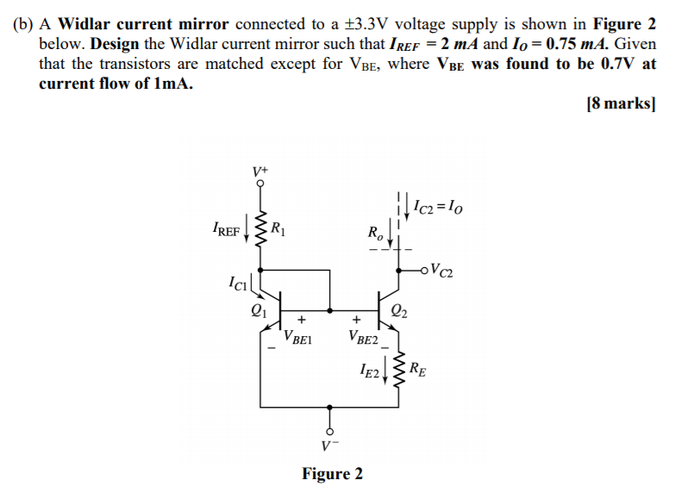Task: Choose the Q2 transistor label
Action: pos(399,311)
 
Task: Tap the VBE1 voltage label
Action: pos(298,339)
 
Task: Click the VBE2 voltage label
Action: pos(364,339)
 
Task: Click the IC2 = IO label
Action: pos(440,207)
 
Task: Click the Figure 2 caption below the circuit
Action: pos(332,474)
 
